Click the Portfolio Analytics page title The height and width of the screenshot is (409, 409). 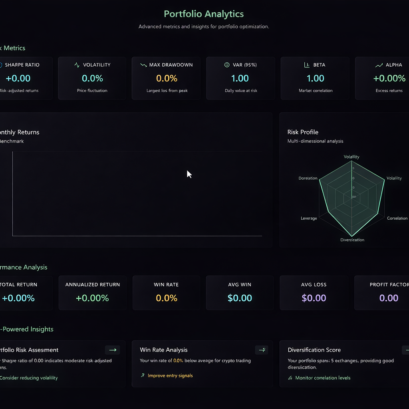204,14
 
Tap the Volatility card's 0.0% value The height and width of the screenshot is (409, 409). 92,78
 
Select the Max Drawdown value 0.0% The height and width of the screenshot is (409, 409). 167,78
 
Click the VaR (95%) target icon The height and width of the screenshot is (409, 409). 227,65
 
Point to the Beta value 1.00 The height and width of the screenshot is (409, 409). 315,78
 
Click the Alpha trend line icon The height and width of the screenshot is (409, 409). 379,65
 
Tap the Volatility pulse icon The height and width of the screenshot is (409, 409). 77,65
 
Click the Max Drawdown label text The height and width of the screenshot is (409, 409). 171,65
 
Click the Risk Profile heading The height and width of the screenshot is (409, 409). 303,132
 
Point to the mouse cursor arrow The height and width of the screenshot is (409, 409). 189,174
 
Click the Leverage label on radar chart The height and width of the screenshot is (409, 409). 309,218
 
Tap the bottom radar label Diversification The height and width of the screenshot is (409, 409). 352,240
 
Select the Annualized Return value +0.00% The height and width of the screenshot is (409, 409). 92,298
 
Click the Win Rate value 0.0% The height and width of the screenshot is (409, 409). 167,298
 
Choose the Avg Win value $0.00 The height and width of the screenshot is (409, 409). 240,298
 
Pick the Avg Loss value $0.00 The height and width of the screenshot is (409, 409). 314,298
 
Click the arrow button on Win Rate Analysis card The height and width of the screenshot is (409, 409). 262,350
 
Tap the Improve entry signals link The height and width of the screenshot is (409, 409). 170,375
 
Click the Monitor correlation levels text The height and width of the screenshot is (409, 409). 322,378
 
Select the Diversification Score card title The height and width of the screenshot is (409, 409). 314,350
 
